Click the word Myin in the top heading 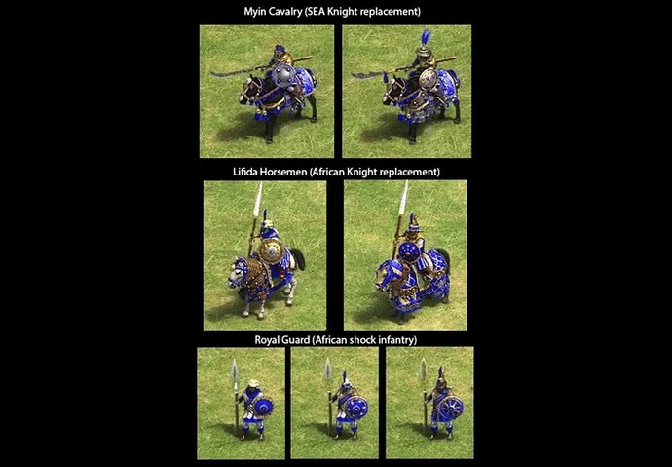coord(255,12)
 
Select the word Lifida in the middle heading coord(245,172)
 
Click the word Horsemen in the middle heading coord(283,172)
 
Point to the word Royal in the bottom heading coord(267,340)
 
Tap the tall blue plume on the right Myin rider coord(426,38)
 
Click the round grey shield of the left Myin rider coord(282,75)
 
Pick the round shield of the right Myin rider coord(429,79)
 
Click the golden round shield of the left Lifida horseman coord(272,253)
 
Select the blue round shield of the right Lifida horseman coord(410,253)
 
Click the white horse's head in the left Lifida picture coord(237,273)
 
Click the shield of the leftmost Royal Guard coord(263,407)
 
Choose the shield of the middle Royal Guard coord(356,408)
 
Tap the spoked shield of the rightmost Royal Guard coord(450,408)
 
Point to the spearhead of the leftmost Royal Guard coord(235,372)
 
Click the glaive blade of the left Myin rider coord(226,74)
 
